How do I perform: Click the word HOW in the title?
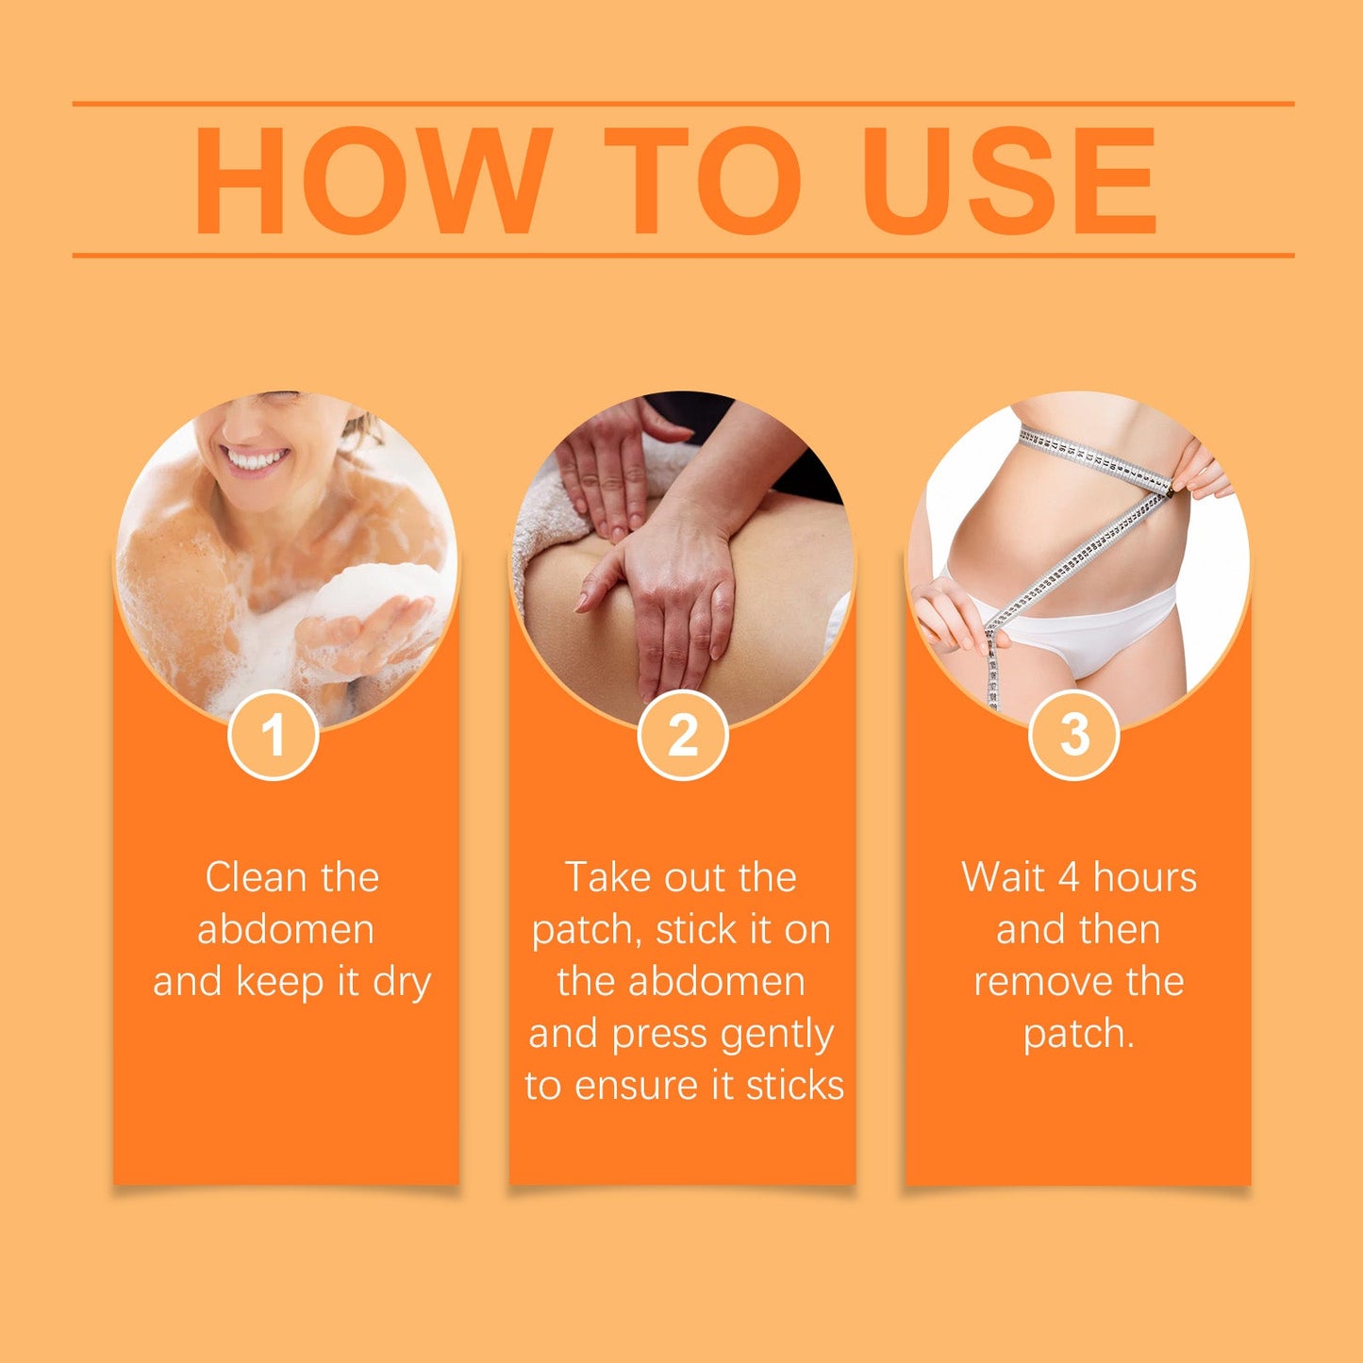click(373, 180)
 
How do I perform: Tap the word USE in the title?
click(1008, 180)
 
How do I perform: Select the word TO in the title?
click(703, 180)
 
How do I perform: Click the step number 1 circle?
click(273, 735)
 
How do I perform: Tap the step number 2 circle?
click(683, 735)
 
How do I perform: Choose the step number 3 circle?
click(1073, 735)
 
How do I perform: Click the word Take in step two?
click(607, 877)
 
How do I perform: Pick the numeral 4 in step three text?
click(1069, 878)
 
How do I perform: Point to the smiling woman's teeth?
click(253, 459)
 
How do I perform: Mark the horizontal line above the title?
click(683, 104)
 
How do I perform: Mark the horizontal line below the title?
click(683, 256)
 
